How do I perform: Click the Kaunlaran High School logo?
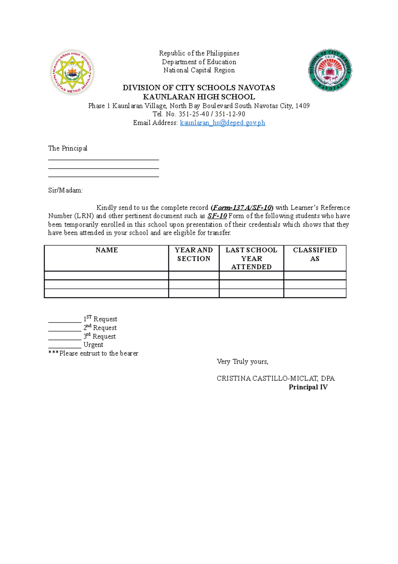(x=72, y=72)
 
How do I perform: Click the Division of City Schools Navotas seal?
(x=330, y=70)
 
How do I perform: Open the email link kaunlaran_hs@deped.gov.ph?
(x=222, y=123)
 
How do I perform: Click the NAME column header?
(x=106, y=250)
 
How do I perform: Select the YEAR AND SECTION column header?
(x=194, y=254)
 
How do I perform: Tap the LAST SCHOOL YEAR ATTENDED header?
(x=251, y=258)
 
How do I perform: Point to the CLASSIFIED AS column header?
(x=315, y=254)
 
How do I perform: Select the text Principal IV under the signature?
(x=308, y=387)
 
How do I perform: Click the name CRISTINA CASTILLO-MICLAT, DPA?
(x=276, y=378)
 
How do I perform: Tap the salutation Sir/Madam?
(x=65, y=190)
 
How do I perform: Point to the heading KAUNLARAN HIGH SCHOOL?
(x=199, y=97)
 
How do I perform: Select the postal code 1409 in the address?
(x=302, y=106)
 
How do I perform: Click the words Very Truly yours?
(x=242, y=362)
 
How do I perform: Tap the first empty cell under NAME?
(x=106, y=276)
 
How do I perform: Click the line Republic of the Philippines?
(x=199, y=53)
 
